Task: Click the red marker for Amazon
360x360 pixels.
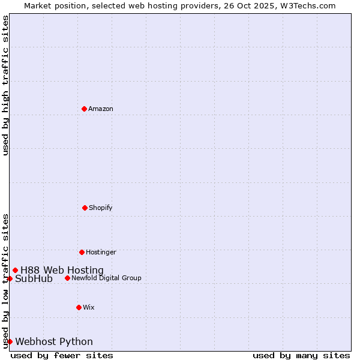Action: (x=84, y=109)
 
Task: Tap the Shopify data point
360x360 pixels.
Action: (x=85, y=208)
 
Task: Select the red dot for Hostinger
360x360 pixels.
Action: (x=82, y=252)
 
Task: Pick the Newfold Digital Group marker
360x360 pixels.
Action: (x=67, y=278)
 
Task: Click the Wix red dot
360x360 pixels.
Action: (x=79, y=307)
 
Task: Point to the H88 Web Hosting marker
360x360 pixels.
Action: (x=15, y=270)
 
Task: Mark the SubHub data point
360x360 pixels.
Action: (x=10, y=278)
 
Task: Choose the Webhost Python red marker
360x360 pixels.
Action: (x=10, y=341)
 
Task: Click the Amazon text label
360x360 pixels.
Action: (x=101, y=109)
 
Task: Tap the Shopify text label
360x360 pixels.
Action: (x=101, y=208)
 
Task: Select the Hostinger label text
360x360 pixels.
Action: (x=101, y=253)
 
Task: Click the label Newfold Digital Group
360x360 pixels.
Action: (x=106, y=278)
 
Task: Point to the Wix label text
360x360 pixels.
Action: (x=89, y=308)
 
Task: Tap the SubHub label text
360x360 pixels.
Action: (x=34, y=279)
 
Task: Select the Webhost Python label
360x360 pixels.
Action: (x=54, y=342)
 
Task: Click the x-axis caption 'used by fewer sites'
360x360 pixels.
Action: (x=62, y=355)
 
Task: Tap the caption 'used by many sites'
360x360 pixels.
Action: (x=301, y=355)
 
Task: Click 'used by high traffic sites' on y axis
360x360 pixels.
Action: (x=5, y=85)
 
